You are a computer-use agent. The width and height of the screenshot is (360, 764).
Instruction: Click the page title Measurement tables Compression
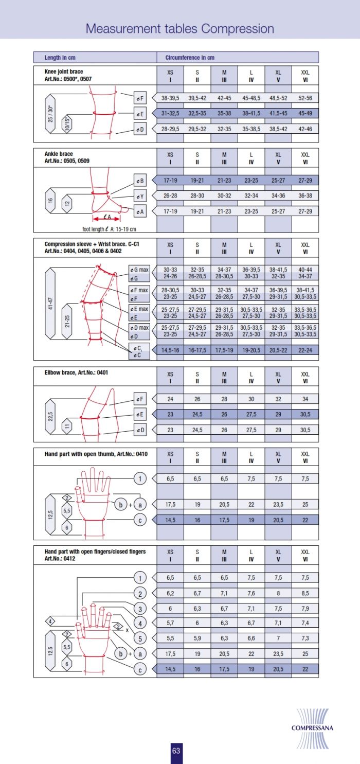coord(179,28)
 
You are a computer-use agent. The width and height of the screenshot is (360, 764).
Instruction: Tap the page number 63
coord(176,751)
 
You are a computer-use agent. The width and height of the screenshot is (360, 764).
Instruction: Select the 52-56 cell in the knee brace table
coord(305,98)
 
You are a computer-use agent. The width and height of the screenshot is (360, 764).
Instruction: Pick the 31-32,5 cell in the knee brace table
coord(170,113)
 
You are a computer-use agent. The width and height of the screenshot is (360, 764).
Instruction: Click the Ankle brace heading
coord(59,154)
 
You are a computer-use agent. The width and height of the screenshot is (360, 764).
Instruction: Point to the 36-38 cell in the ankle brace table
coord(305,196)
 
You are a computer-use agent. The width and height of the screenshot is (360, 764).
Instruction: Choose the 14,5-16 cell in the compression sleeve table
coord(170,349)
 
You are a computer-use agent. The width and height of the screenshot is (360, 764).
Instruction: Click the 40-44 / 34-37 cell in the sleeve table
coord(305,273)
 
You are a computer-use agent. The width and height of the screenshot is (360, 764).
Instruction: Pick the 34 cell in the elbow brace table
coord(305,399)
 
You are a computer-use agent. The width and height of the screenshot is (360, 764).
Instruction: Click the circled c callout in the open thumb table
coord(139,520)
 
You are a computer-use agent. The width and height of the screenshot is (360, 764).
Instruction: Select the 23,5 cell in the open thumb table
coord(278,505)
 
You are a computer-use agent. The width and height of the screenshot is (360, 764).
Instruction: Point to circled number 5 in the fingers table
coord(139,639)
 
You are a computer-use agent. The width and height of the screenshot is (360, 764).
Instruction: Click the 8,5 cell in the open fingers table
coord(305,593)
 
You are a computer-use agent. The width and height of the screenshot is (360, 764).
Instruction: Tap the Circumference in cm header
coord(190,58)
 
